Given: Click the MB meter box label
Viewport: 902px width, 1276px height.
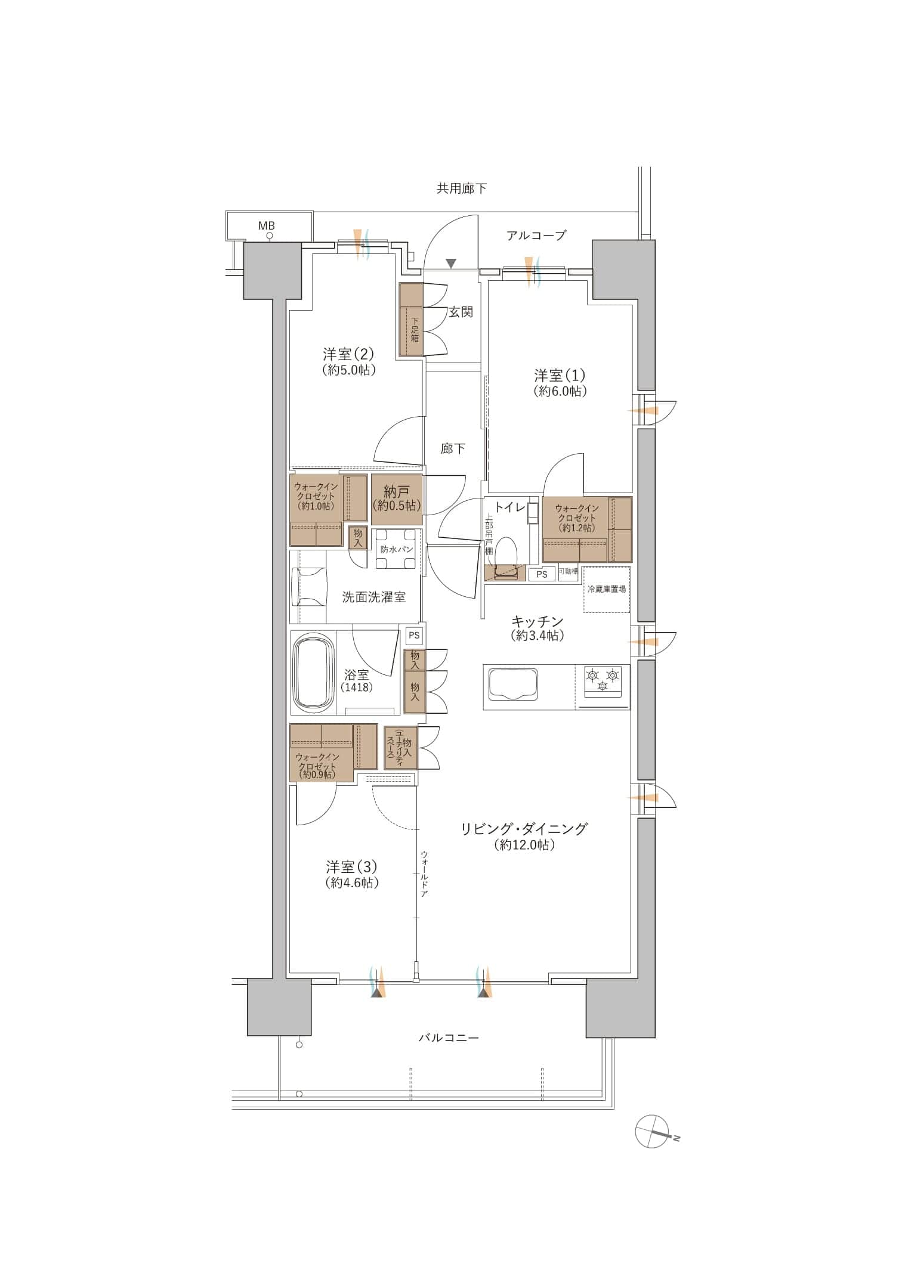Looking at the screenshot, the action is (266, 226).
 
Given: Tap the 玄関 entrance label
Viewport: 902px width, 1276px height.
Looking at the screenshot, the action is (461, 312).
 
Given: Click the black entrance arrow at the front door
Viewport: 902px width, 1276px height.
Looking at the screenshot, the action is (451, 263).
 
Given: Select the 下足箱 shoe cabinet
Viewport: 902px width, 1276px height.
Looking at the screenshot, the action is (411, 319).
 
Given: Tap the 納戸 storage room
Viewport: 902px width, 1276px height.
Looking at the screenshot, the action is (397, 499).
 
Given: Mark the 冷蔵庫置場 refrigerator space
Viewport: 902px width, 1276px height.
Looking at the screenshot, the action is (607, 589).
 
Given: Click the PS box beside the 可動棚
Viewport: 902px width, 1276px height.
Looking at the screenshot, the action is (542, 574).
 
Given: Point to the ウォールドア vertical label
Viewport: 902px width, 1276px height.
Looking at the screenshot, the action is (424, 874).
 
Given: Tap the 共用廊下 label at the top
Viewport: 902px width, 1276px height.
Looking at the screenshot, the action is (461, 189).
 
